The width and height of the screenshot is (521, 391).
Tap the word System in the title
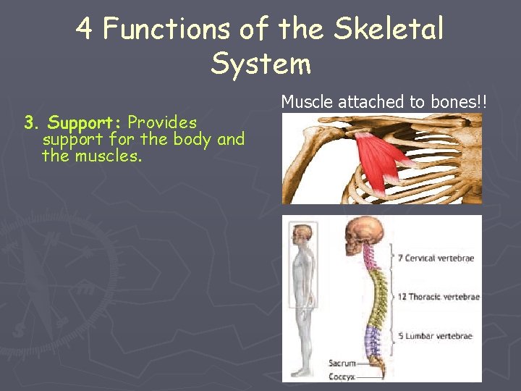[260, 64]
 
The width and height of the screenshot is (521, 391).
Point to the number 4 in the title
[85, 29]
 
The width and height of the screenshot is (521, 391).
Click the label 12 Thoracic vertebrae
[438, 297]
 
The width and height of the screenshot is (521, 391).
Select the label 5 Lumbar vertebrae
[434, 336]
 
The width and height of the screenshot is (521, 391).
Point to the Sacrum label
[342, 363]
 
